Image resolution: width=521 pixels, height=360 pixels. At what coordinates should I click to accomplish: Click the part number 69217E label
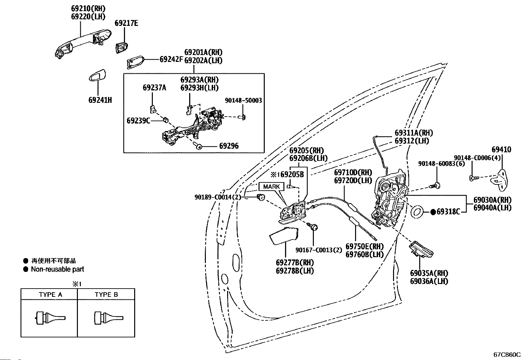click(x=126, y=23)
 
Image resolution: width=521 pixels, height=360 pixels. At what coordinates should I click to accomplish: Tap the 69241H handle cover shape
click(x=97, y=76)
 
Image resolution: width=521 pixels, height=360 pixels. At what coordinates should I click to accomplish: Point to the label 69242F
click(x=171, y=59)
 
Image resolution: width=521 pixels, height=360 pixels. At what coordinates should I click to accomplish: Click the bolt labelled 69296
click(x=198, y=146)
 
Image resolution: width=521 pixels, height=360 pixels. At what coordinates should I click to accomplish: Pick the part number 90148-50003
click(x=243, y=100)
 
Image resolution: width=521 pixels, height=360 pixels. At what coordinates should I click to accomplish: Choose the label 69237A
click(x=154, y=87)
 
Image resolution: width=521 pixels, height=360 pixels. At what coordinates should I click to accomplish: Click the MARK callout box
click(x=271, y=186)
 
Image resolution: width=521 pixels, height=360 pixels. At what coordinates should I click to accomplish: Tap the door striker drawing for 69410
click(x=500, y=180)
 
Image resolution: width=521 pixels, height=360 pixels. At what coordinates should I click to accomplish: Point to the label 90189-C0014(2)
click(x=218, y=197)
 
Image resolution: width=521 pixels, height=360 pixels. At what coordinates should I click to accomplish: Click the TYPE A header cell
click(x=50, y=294)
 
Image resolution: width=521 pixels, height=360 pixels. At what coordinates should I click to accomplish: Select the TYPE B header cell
click(x=106, y=294)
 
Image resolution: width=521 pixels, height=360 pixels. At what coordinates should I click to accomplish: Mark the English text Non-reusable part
click(x=57, y=269)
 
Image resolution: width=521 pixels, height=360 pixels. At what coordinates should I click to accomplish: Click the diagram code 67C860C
click(x=507, y=354)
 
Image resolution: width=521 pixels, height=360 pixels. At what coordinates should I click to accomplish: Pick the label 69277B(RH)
click(x=294, y=263)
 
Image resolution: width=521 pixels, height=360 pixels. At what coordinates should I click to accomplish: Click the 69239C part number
click(x=138, y=121)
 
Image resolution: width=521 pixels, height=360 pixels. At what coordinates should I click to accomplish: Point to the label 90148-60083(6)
click(x=441, y=163)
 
